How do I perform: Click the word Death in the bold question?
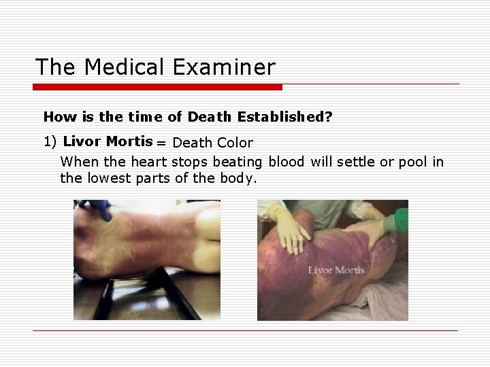(209, 117)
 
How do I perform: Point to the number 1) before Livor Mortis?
(50, 142)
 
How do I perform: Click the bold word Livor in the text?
(82, 141)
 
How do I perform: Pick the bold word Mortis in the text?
(129, 141)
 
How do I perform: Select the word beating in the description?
(238, 162)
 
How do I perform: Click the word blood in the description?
(287, 162)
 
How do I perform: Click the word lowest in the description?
(106, 178)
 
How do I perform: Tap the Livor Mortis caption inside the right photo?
(336, 270)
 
